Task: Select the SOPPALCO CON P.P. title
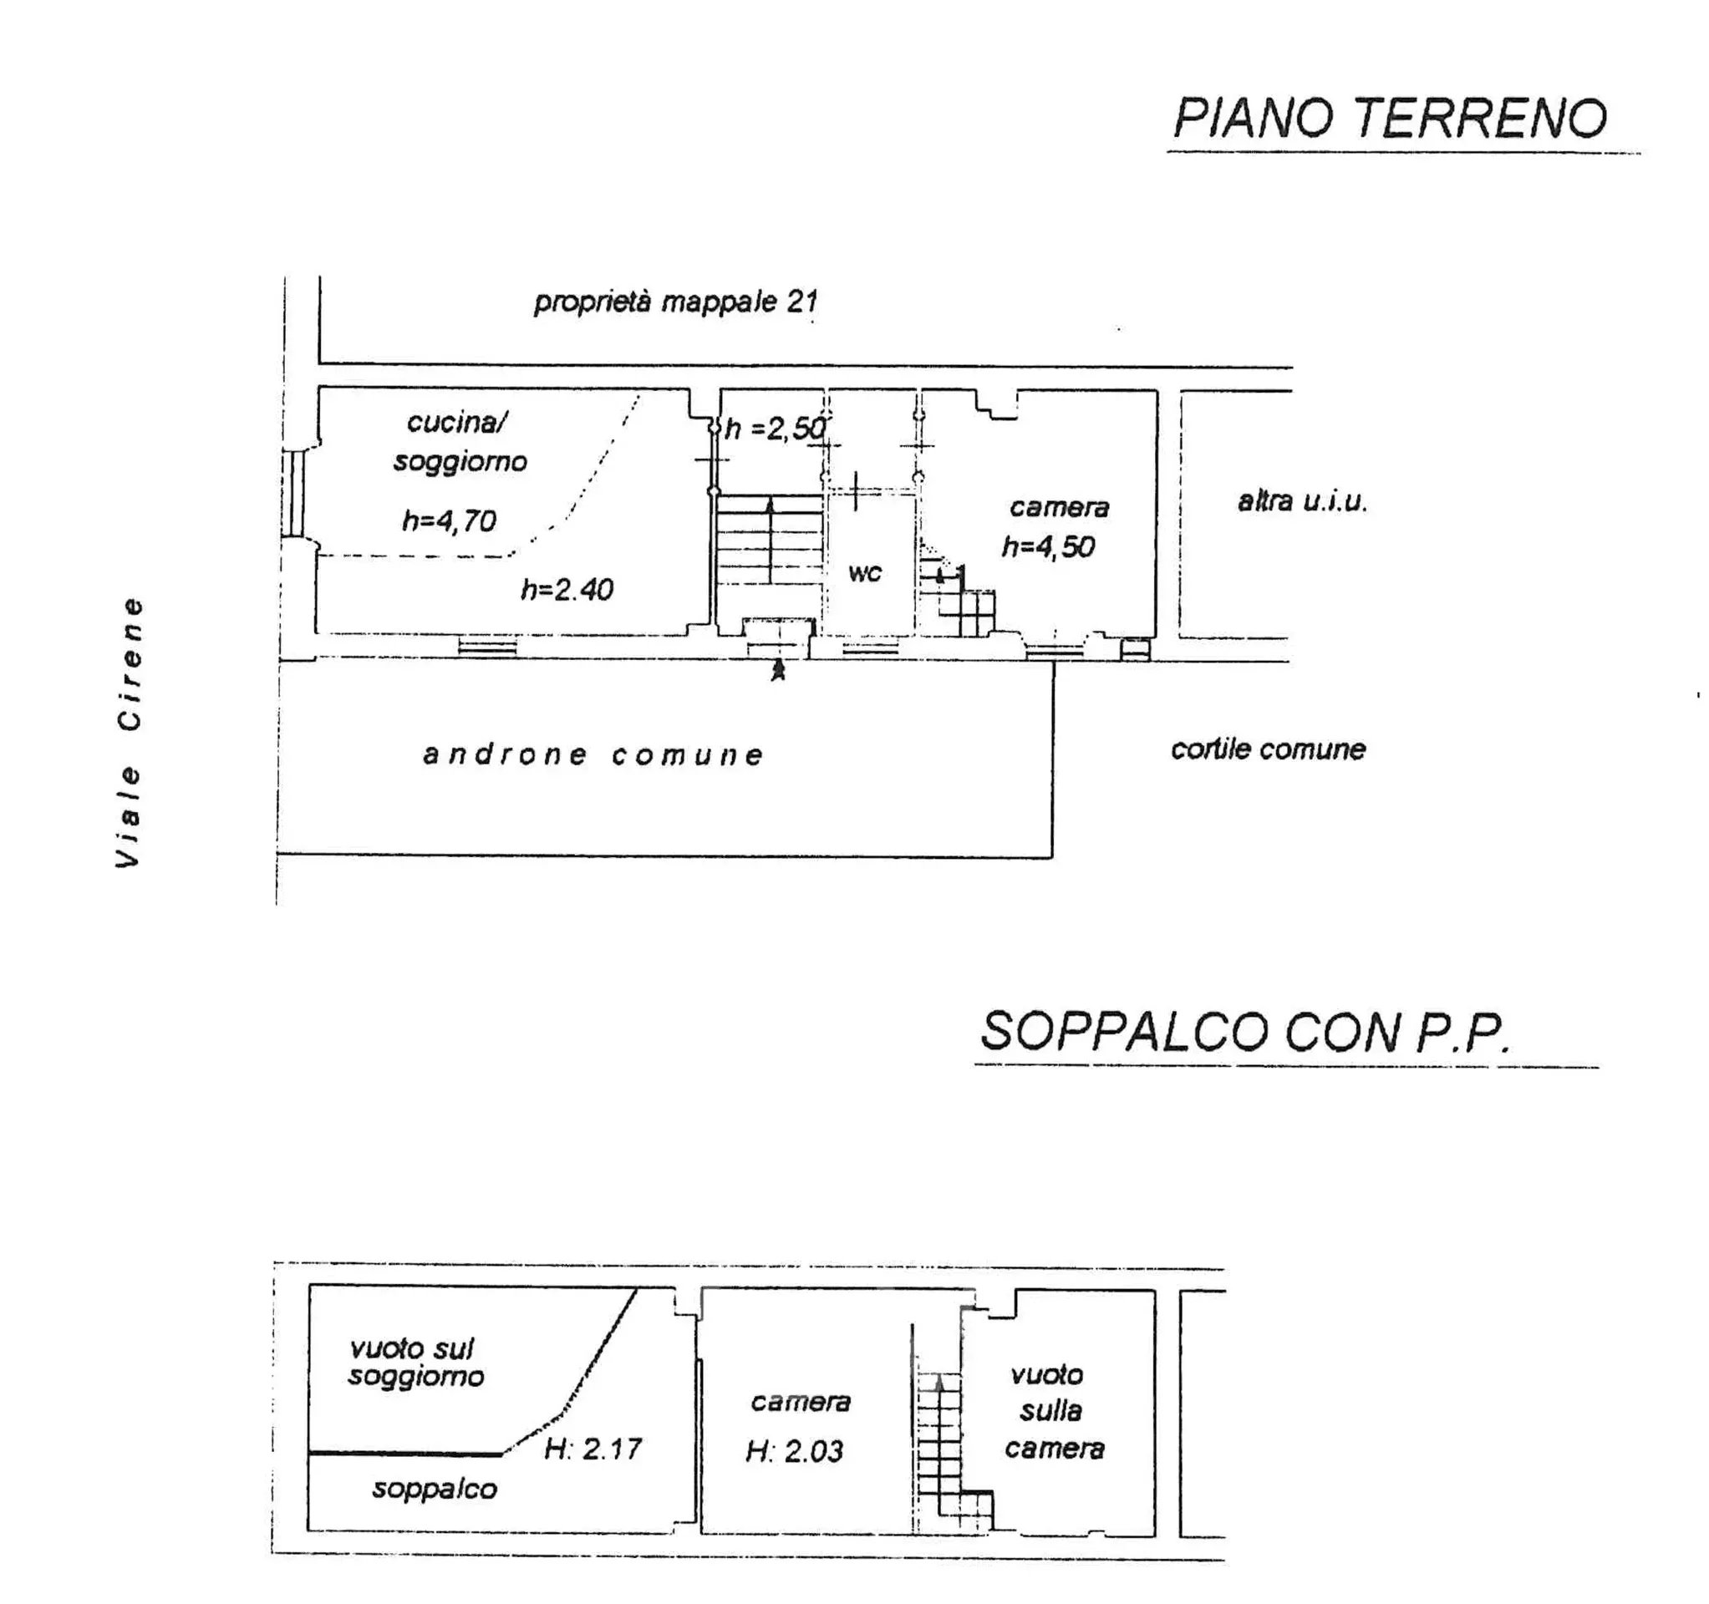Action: pyautogui.click(x=1245, y=1032)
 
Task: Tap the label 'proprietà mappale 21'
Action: pyautogui.click(x=676, y=302)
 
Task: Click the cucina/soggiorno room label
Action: pyautogui.click(x=460, y=442)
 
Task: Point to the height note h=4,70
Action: pyautogui.click(x=449, y=520)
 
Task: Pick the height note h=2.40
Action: pyautogui.click(x=567, y=589)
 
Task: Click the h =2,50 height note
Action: pyautogui.click(x=776, y=427)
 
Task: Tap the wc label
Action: pyautogui.click(x=865, y=572)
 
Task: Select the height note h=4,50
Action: pyautogui.click(x=1048, y=546)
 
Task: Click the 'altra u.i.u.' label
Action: pyautogui.click(x=1302, y=501)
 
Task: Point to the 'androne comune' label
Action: pyautogui.click(x=593, y=754)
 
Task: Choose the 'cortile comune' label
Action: pyautogui.click(x=1268, y=749)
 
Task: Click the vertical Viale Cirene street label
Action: pyautogui.click(x=129, y=733)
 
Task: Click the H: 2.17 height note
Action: pyautogui.click(x=593, y=1449)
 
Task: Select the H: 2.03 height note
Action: pyautogui.click(x=794, y=1451)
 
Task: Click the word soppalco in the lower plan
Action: pyautogui.click(x=434, y=1489)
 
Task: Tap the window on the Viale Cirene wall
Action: pyautogui.click(x=295, y=493)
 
